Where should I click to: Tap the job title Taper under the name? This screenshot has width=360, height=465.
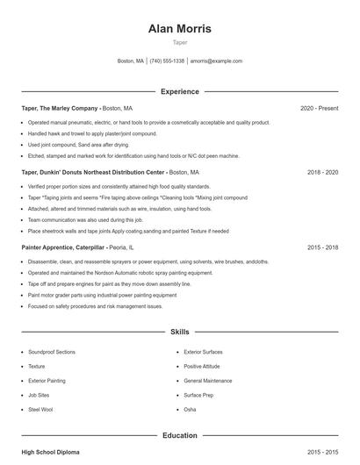click(179, 42)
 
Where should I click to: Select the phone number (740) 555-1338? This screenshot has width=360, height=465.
click(167, 61)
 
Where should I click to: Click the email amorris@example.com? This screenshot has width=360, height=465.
click(216, 61)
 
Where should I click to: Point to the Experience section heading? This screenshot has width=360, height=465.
click(179, 91)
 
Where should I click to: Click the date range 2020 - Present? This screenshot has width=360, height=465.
click(319, 108)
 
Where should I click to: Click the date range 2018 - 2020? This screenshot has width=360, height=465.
click(322, 173)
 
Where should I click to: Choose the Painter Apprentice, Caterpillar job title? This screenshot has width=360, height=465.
click(68, 248)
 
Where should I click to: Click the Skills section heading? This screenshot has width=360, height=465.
click(179, 333)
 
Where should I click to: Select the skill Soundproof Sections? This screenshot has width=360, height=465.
click(51, 351)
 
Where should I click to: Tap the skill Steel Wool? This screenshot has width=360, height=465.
click(40, 410)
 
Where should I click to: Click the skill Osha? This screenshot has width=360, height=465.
click(190, 410)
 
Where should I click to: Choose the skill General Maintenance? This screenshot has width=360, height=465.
click(208, 381)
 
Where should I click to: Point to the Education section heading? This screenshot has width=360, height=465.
click(179, 435)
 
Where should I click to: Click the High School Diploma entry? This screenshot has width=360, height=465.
click(50, 452)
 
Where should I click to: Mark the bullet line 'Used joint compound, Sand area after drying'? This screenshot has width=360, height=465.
click(77, 145)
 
